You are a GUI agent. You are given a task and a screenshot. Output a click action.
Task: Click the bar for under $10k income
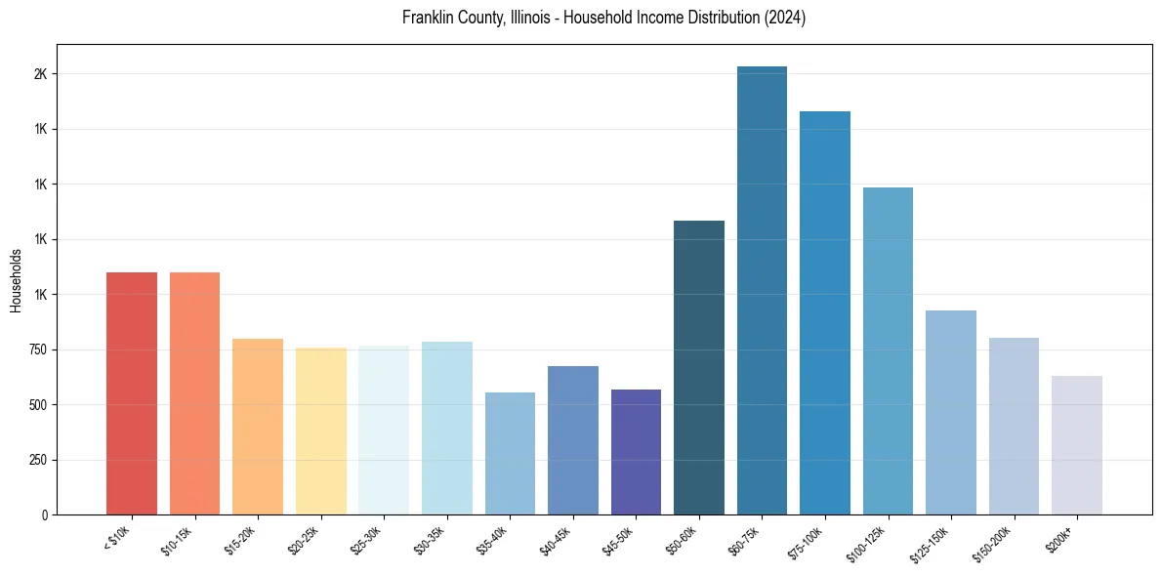coord(132,393)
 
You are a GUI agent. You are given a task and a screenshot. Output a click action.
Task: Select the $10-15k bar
coord(194,393)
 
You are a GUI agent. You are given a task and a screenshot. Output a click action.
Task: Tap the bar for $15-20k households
coord(258,427)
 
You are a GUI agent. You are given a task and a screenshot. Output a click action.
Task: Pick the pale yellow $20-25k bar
coord(320,431)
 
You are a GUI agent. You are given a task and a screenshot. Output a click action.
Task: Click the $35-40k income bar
coord(510,453)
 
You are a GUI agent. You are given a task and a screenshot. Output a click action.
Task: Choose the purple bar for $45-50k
coord(636,452)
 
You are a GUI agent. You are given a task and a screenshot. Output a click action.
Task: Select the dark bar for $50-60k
coord(699,367)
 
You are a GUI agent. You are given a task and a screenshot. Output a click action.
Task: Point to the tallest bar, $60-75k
coord(762,290)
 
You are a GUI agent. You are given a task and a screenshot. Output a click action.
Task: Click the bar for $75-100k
coord(825,312)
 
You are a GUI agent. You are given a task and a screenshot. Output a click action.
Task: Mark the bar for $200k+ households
coord(1077,445)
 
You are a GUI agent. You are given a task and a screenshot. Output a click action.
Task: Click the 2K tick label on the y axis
coord(41,74)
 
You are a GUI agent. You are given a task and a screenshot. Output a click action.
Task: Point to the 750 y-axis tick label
coord(37,350)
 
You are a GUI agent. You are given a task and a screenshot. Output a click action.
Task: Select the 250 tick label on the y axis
coord(37,460)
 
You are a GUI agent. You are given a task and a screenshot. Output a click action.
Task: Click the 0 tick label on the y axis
coord(45,514)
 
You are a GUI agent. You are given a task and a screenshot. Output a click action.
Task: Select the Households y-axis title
coord(17,280)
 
